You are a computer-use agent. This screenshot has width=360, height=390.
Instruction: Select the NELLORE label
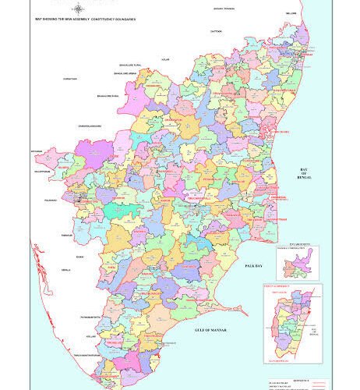(291, 13)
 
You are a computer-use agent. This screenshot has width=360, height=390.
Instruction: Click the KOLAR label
(164, 58)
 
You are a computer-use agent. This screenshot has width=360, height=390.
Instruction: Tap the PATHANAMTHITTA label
(88, 317)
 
